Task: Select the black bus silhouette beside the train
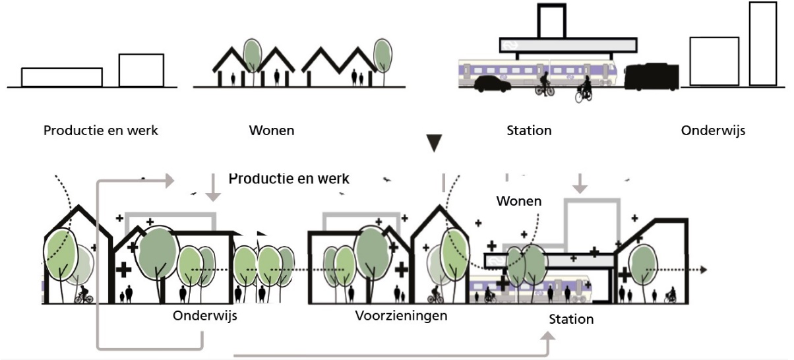[x=652, y=77]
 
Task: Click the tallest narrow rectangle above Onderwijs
[x=763, y=44]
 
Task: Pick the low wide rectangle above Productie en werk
[x=61, y=77]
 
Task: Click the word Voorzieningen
[x=400, y=316]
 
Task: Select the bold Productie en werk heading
[x=289, y=179]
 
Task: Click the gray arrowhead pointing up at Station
[x=549, y=337]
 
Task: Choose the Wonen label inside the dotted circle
[x=519, y=200]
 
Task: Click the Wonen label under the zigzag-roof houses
[x=272, y=131]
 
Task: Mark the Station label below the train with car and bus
[x=529, y=131]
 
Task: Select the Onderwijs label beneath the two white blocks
[x=713, y=131]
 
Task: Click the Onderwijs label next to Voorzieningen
[x=204, y=316]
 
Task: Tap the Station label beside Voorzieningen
[x=571, y=320]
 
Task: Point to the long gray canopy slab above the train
[x=568, y=45]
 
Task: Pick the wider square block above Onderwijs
[x=714, y=61]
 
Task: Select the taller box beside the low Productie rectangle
[x=141, y=70]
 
